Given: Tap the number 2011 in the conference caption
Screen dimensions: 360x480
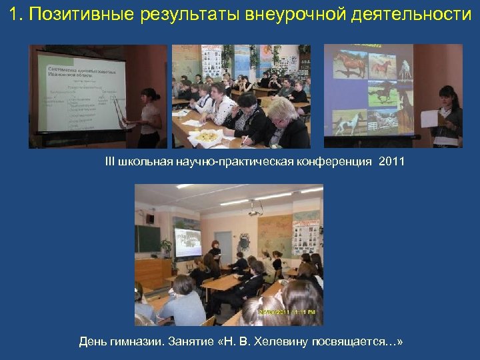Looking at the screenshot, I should pos(391,162).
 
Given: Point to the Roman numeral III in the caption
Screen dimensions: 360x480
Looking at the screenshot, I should pos(109,162).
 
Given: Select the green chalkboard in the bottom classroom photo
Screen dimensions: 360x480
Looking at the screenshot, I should pos(147,238).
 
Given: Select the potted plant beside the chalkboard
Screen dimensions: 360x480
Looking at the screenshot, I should pos(166,248).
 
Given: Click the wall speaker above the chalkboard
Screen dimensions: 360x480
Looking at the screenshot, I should pos(150,217).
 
